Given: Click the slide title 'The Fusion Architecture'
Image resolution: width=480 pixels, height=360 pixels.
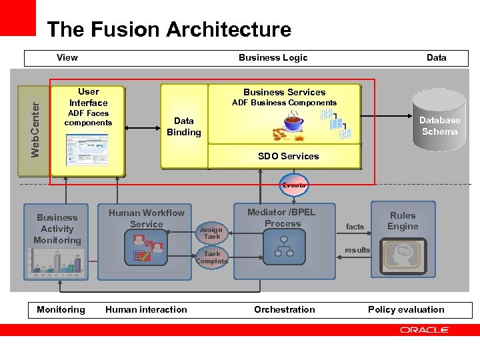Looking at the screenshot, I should (x=169, y=30).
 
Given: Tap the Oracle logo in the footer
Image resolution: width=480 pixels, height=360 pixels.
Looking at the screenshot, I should (x=425, y=330).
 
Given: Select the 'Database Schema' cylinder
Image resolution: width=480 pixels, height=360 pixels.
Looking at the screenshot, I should (x=439, y=125).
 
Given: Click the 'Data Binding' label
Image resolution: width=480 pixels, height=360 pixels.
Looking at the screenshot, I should (x=183, y=126).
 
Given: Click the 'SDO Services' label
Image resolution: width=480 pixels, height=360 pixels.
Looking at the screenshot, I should (x=288, y=156).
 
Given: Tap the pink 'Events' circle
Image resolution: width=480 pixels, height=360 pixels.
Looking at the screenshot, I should (x=294, y=185).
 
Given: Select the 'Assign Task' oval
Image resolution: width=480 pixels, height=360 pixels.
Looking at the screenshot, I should (x=212, y=233).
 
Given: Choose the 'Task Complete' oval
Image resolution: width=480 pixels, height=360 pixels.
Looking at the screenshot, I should (x=212, y=257).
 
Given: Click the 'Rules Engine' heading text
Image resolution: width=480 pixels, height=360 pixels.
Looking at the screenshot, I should (x=403, y=221).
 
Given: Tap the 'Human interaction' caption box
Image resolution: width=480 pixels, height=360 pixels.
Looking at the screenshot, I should (x=146, y=309).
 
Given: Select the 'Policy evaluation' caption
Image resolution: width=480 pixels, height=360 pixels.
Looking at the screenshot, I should (x=406, y=309).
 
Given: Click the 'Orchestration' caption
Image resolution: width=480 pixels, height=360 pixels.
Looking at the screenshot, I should (x=285, y=309).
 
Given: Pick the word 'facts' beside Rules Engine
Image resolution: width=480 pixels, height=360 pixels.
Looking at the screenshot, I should (x=355, y=227).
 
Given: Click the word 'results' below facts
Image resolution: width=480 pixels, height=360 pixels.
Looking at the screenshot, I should (x=357, y=250).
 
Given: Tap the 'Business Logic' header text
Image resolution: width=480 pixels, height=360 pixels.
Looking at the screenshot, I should (x=273, y=57).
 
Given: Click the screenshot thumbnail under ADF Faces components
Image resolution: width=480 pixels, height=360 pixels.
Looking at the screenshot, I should (x=86, y=149).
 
